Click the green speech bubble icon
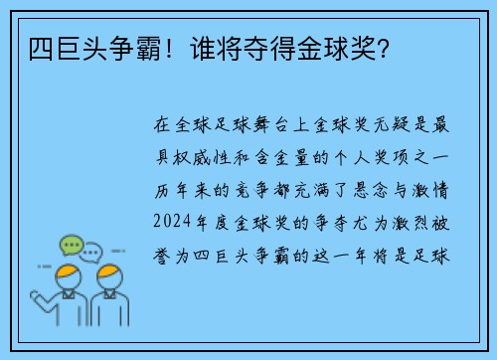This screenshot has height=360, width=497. click(71, 244)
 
